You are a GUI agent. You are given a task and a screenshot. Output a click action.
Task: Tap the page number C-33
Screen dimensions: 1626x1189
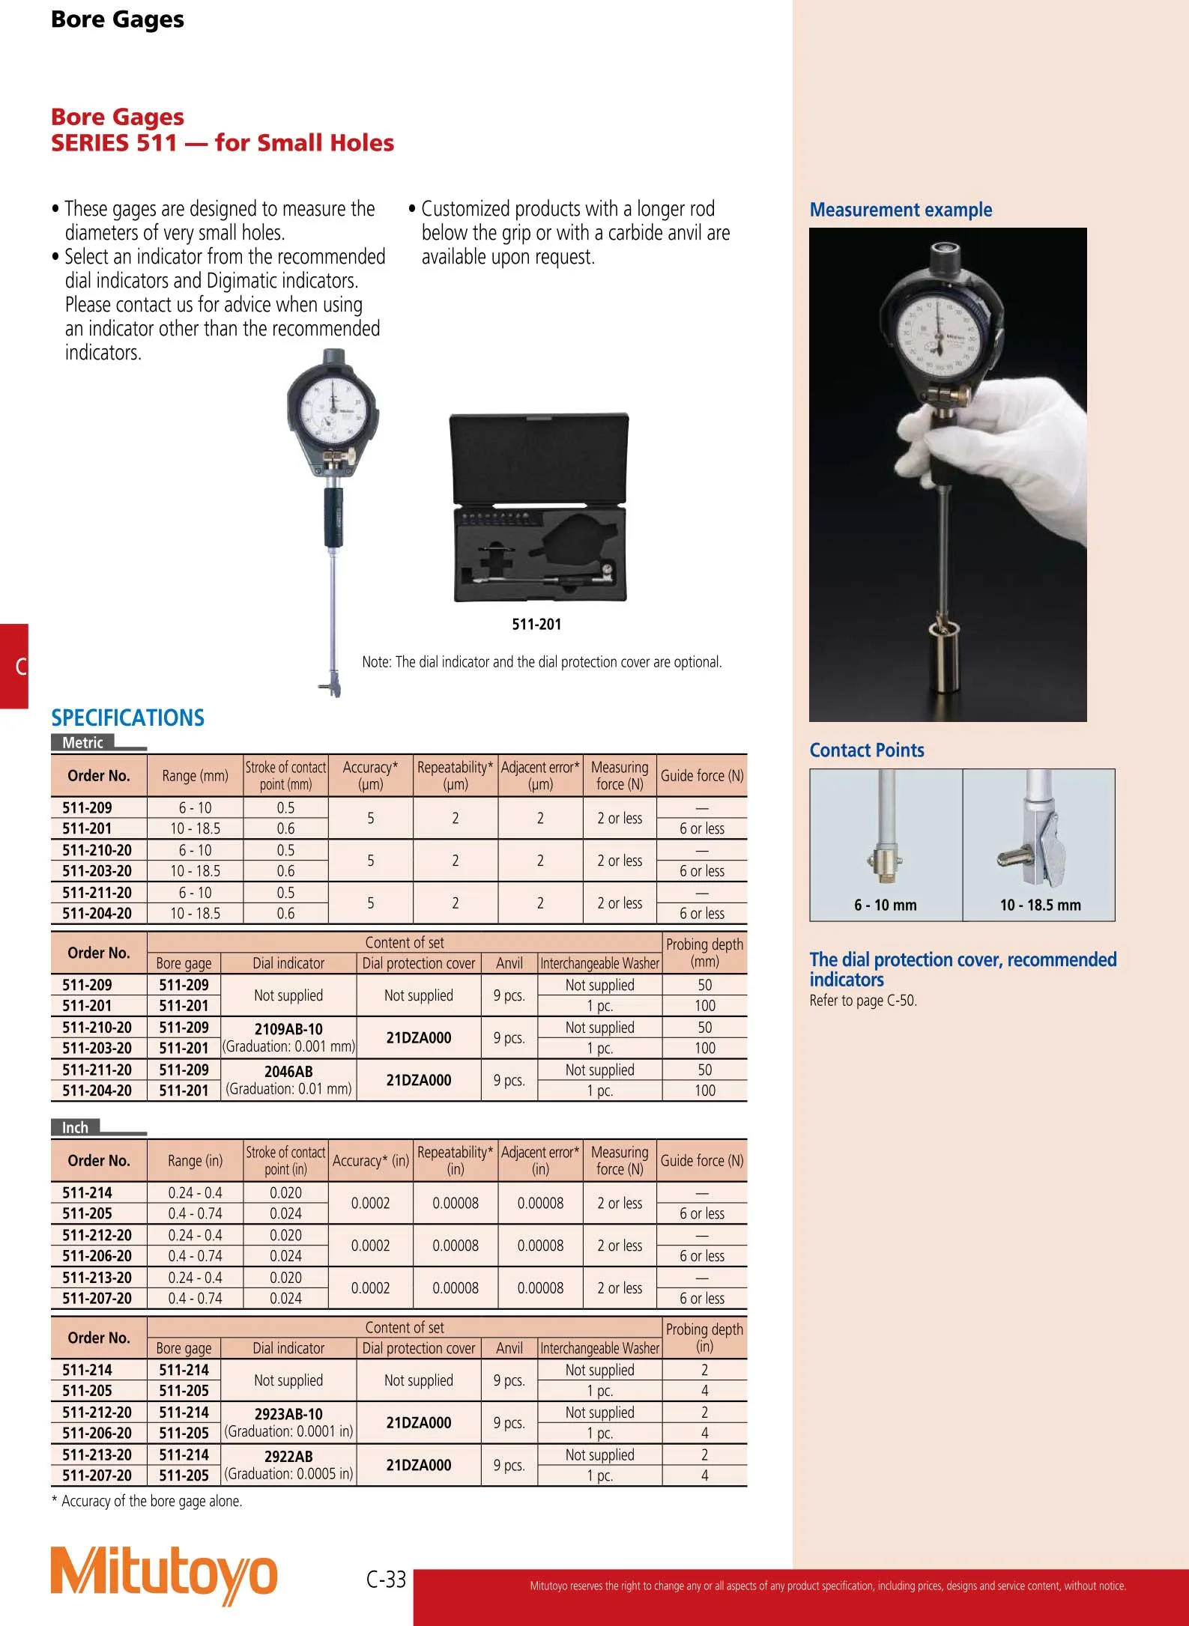(386, 1580)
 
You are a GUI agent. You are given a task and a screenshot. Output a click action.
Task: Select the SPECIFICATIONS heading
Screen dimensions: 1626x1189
(127, 718)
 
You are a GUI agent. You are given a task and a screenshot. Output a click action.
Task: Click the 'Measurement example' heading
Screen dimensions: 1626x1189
(901, 210)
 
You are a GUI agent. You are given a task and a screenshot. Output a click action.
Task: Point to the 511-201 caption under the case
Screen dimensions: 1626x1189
(536, 624)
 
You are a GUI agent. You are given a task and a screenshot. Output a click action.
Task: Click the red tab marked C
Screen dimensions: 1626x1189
(15, 666)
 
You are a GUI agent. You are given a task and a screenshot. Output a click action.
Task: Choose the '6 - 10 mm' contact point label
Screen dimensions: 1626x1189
(885, 905)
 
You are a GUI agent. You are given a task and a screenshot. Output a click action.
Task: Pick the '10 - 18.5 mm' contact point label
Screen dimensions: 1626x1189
(1040, 905)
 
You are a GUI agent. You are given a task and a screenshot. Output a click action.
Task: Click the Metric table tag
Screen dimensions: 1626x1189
(82, 742)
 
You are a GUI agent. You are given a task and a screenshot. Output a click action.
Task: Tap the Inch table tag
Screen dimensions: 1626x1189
(75, 1127)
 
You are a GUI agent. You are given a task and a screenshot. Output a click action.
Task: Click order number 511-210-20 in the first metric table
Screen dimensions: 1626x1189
(97, 850)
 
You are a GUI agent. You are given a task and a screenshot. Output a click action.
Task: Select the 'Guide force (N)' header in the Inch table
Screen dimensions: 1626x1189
(702, 1160)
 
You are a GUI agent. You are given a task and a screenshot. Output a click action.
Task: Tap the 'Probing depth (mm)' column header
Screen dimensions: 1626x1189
(704, 953)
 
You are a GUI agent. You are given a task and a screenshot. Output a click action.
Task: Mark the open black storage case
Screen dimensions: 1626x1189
(539, 507)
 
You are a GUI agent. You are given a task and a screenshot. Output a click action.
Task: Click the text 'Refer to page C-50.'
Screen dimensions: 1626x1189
(863, 1001)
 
